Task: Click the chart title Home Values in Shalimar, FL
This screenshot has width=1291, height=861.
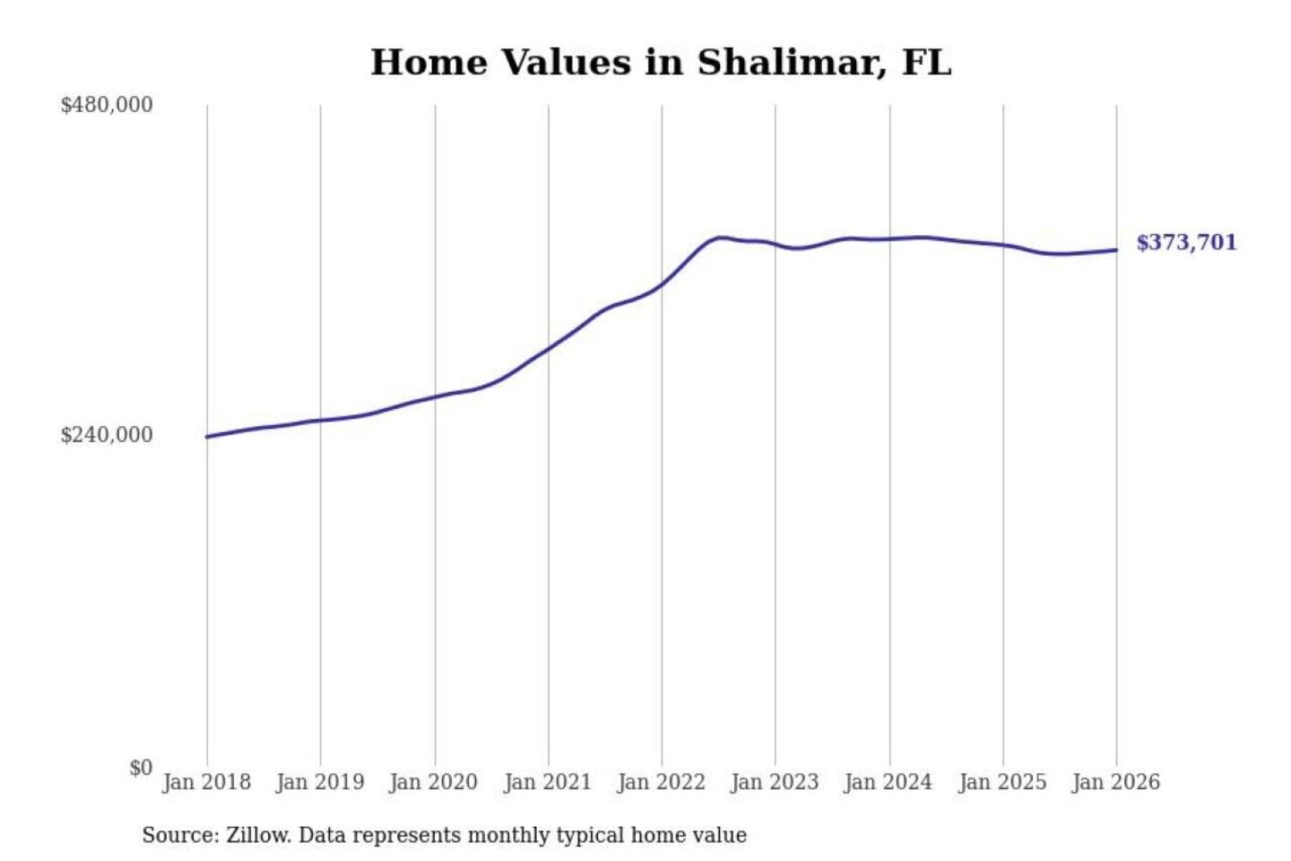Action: click(x=661, y=63)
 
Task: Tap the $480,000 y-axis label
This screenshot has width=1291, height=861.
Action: click(x=107, y=105)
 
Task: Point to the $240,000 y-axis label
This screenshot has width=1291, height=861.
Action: click(x=107, y=435)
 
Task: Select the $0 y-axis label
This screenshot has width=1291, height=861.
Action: click(x=141, y=768)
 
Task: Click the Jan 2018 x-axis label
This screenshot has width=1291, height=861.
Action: click(x=206, y=782)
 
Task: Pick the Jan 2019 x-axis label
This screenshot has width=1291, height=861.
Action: click(x=320, y=782)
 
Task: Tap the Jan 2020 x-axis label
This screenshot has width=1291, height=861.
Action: click(x=434, y=782)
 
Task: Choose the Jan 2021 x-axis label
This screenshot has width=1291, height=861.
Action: click(x=548, y=782)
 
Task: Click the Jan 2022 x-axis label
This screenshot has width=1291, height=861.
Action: click(x=662, y=782)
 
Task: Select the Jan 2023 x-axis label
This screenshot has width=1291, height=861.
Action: click(x=775, y=782)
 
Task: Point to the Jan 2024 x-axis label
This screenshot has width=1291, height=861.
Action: click(x=888, y=782)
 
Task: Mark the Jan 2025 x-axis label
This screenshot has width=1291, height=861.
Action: click(x=1002, y=782)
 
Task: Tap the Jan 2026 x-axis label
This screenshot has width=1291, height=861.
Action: click(x=1116, y=782)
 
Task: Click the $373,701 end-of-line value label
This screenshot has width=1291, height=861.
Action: click(x=1186, y=242)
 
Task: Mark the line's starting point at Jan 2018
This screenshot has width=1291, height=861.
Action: click(x=207, y=437)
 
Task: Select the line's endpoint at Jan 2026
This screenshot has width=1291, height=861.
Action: click(x=1116, y=250)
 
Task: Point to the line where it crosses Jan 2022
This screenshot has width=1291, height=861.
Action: click(x=662, y=285)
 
